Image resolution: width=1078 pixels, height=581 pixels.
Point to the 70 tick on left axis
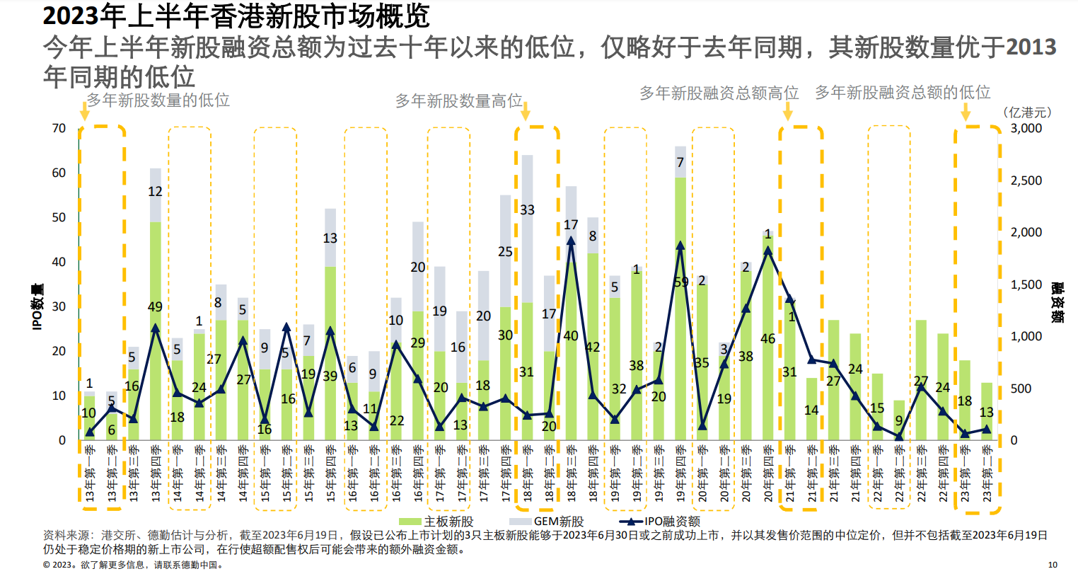tap(59, 128)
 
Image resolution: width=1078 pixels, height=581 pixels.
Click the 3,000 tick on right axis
tap(1026, 128)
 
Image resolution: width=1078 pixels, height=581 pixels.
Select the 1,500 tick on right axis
tap(1026, 284)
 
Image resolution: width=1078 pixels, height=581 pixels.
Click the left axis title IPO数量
tap(37, 306)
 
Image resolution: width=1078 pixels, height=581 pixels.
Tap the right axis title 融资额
tap(1057, 302)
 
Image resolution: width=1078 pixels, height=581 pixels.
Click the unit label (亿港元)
tap(1027, 113)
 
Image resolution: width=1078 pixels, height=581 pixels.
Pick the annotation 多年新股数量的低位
tap(158, 100)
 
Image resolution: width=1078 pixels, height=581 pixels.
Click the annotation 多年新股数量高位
tap(458, 101)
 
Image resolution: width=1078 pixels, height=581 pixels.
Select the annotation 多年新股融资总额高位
tap(719, 93)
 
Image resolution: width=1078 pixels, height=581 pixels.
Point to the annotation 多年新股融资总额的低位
tap(903, 93)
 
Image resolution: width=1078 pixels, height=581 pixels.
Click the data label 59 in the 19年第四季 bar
tap(680, 282)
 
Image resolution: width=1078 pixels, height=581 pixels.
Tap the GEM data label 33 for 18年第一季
tap(527, 210)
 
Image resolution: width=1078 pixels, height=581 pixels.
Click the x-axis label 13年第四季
tap(156, 473)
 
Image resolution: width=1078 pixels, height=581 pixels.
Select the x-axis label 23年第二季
tap(987, 473)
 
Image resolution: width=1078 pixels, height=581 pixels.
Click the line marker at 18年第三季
tap(571, 241)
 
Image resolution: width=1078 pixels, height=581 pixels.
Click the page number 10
tap(1053, 565)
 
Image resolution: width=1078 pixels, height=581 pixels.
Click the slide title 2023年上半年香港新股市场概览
tap(236, 16)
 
